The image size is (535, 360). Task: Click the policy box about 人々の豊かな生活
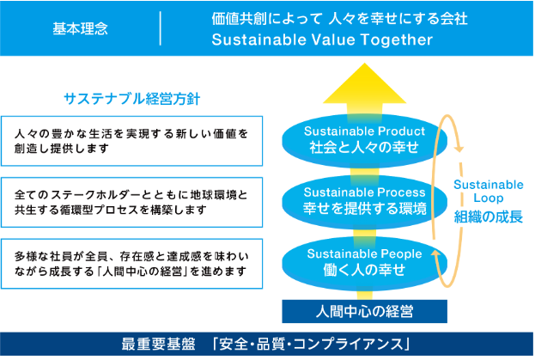131,140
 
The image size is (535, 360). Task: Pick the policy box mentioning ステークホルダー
131,202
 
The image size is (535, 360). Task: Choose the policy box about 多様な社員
131,263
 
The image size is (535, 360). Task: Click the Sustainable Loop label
488,191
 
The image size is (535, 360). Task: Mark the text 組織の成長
488,217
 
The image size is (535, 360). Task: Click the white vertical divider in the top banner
161,28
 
